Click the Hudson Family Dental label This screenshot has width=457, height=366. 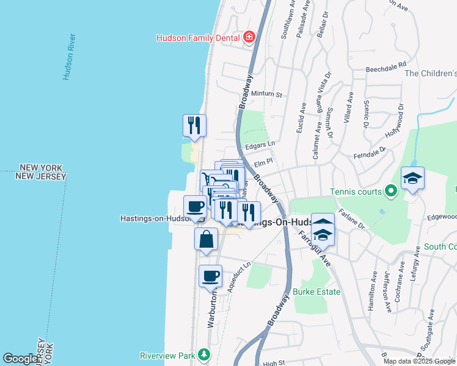click(x=199, y=38)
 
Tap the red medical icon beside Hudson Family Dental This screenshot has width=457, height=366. click(x=249, y=38)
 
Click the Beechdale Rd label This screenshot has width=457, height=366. click(x=386, y=66)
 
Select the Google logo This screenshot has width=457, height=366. click(x=20, y=359)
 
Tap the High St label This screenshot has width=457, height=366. click(x=271, y=364)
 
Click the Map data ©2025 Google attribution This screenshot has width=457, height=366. click(x=419, y=361)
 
